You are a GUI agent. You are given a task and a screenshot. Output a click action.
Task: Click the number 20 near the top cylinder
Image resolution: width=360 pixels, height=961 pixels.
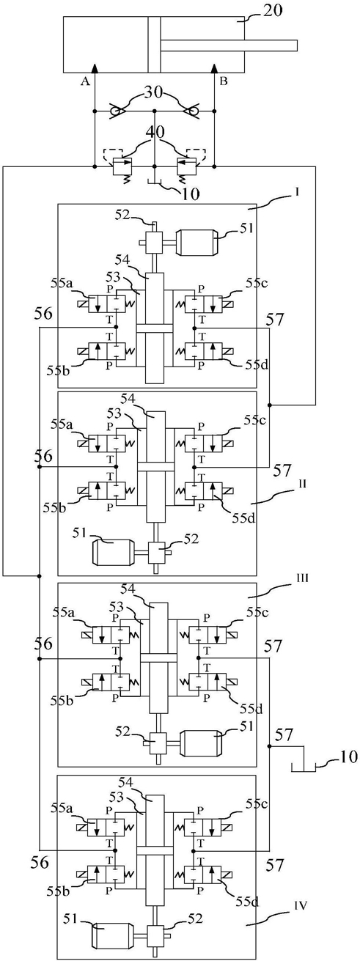(272, 10)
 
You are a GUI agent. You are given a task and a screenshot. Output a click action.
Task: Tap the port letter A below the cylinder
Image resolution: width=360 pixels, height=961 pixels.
(85, 82)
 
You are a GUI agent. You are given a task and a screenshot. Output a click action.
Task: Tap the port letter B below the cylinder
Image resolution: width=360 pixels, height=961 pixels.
(223, 81)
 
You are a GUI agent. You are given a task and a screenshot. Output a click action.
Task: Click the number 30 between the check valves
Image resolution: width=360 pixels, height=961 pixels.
(155, 93)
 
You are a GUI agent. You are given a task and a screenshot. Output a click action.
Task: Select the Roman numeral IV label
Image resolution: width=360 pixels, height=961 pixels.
(301, 858)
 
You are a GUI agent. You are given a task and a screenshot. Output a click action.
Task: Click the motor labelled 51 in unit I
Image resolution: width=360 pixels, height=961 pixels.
(197, 243)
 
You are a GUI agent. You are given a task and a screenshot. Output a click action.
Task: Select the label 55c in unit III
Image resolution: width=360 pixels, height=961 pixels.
(257, 612)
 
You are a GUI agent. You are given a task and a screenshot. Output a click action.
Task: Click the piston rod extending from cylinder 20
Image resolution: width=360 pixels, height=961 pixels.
(229, 45)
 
